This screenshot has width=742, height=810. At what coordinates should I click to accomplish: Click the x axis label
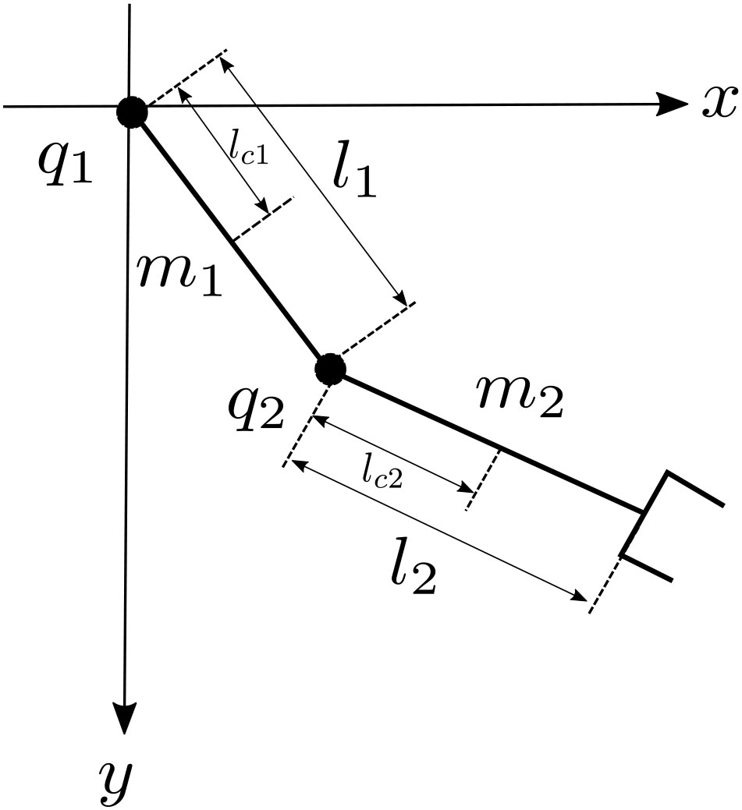(x=718, y=102)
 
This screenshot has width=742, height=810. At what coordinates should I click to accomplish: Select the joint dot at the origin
(x=132, y=112)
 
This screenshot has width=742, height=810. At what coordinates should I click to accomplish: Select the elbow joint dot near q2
(x=331, y=368)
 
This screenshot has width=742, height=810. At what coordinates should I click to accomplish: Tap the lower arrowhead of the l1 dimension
(x=401, y=299)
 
